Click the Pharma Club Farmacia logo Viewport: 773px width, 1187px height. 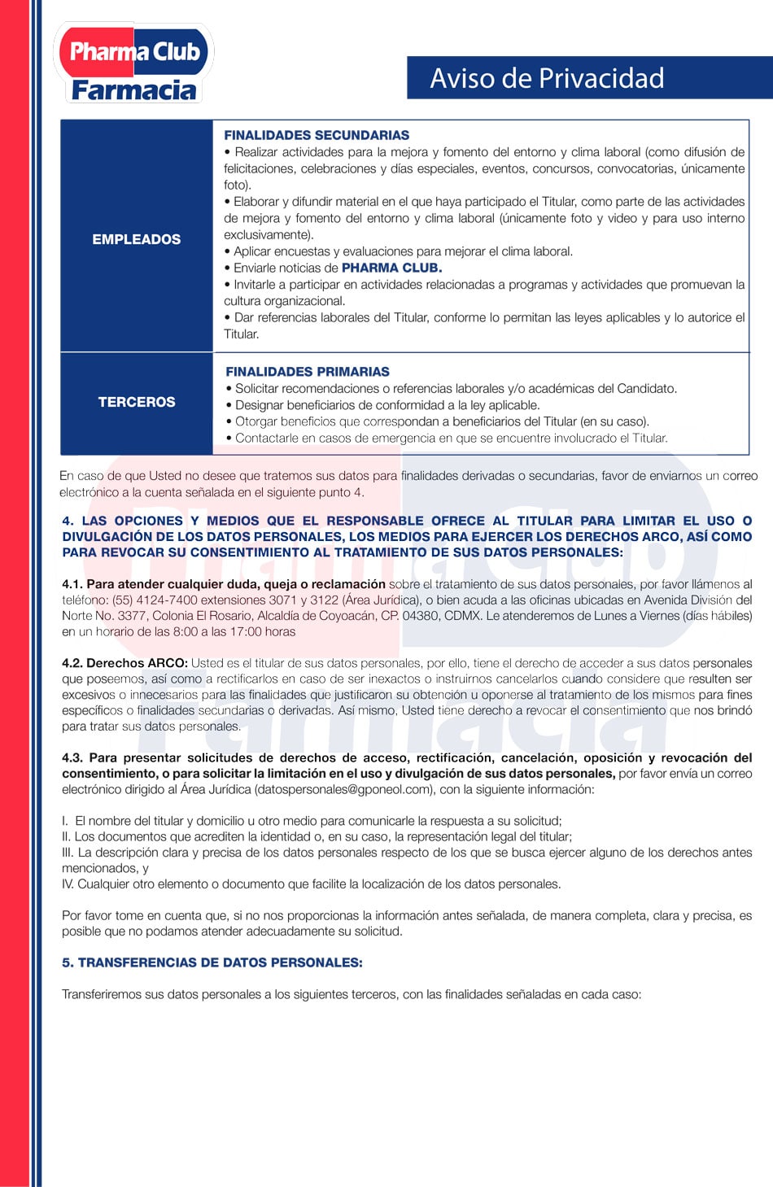coord(133,63)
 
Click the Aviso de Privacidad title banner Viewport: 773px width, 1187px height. coord(547,78)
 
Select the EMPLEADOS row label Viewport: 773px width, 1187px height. coord(137,239)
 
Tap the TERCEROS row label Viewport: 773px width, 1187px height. coord(137,402)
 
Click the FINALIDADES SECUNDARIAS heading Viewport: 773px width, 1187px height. coord(317,135)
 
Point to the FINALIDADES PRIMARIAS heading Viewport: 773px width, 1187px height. coord(308,371)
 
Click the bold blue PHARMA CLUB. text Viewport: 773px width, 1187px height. coord(391,268)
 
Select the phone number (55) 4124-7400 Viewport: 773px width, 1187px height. coord(155,600)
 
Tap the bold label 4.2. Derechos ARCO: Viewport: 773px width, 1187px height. coord(124,663)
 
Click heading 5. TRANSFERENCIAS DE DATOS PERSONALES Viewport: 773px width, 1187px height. coord(212,962)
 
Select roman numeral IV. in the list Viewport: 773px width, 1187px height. coord(68,884)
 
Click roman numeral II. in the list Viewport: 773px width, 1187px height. coord(67,836)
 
